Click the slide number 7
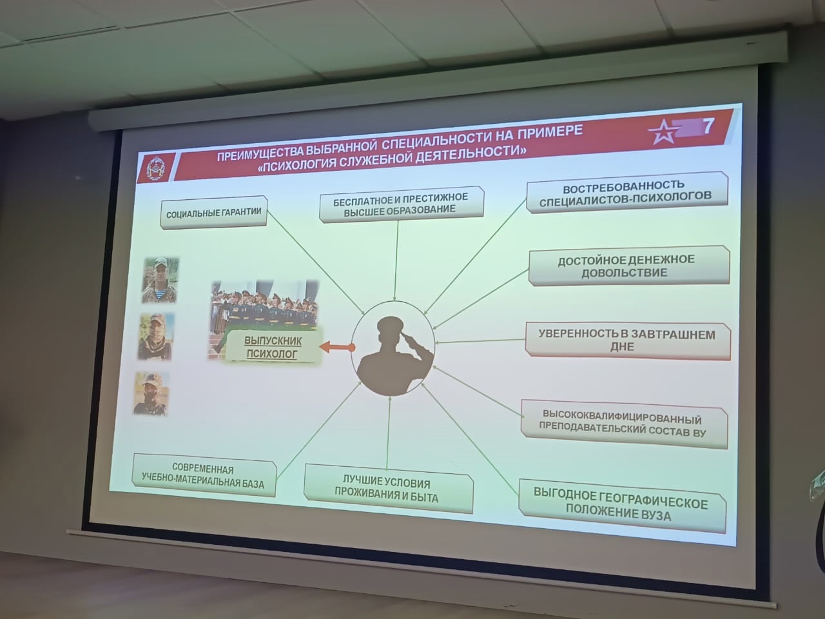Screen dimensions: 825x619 click(x=707, y=126)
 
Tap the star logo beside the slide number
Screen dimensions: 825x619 click(x=664, y=132)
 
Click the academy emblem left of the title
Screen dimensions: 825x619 click(x=155, y=169)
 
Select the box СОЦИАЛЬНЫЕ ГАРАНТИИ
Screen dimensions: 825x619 click(x=213, y=212)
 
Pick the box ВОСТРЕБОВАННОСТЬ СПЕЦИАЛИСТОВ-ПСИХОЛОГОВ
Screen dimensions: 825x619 click(x=626, y=192)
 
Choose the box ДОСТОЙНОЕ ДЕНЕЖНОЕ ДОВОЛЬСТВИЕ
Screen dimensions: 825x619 click(x=629, y=266)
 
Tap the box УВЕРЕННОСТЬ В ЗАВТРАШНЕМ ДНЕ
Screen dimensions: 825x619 click(x=627, y=340)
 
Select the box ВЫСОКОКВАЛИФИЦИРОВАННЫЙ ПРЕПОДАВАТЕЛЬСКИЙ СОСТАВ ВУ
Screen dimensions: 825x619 click(x=623, y=425)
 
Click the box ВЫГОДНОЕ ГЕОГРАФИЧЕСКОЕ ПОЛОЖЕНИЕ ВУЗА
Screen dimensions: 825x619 click(x=622, y=506)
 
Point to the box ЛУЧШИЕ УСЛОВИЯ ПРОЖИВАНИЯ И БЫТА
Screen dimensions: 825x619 click(x=388, y=489)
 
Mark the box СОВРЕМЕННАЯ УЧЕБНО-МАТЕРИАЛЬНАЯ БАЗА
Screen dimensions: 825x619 click(x=204, y=475)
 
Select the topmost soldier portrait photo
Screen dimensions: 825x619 click(x=160, y=280)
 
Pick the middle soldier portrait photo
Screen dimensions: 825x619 click(x=157, y=337)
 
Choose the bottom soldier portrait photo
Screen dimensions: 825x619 click(x=152, y=394)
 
